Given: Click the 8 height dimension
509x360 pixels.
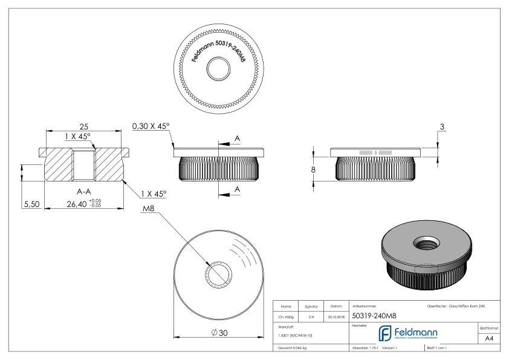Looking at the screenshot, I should click(313, 170).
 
